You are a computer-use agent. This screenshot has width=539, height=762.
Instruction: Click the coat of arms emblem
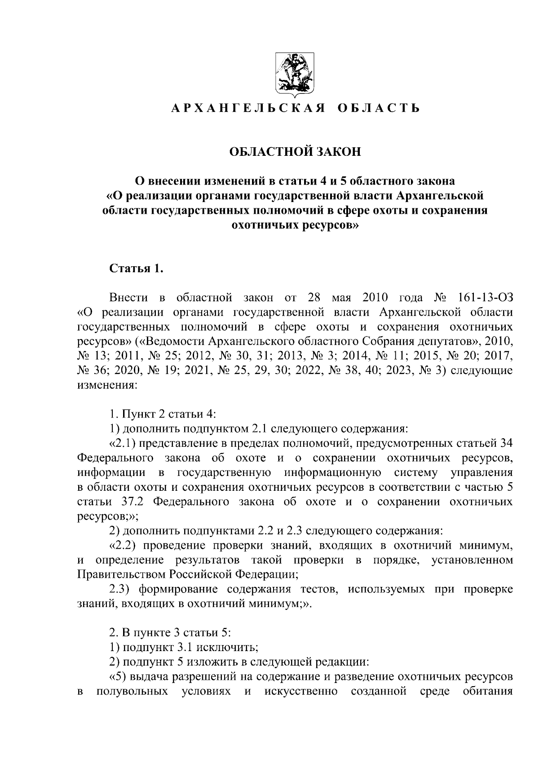click(295, 76)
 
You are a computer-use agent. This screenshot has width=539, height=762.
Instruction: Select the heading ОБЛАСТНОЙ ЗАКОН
click(295, 152)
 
